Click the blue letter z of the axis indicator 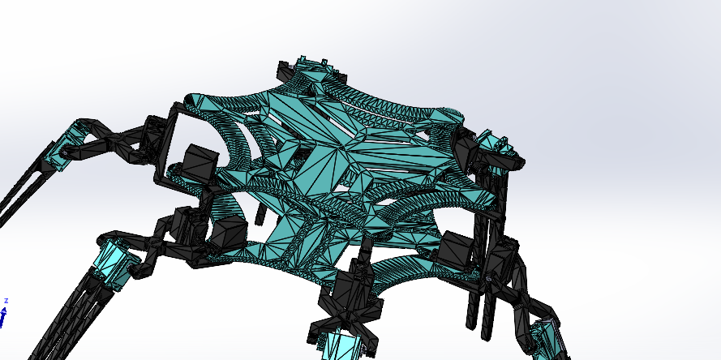pos(6,300)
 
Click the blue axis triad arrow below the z pos(3,317)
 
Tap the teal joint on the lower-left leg pos(114,259)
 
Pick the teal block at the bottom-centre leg pos(340,345)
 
